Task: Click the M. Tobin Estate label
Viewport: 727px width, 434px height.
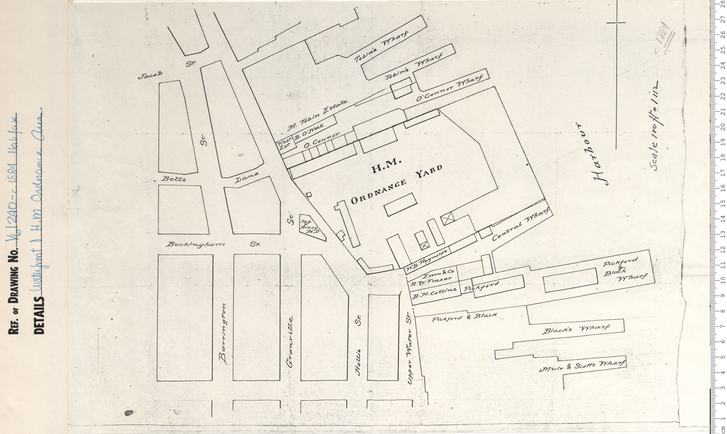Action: [323, 115]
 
